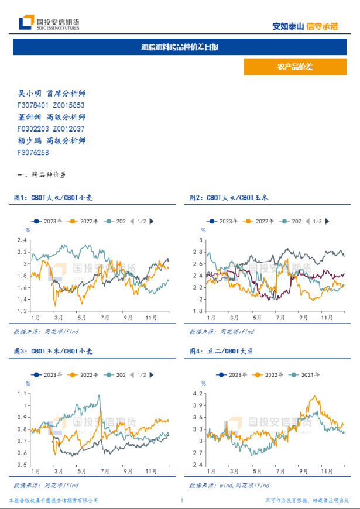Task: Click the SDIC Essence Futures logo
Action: [x=49, y=23]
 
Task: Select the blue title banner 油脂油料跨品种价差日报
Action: [x=180, y=47]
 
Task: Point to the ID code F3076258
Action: [x=33, y=153]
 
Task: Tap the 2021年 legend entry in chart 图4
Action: [x=307, y=374]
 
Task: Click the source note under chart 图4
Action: [x=229, y=485]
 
